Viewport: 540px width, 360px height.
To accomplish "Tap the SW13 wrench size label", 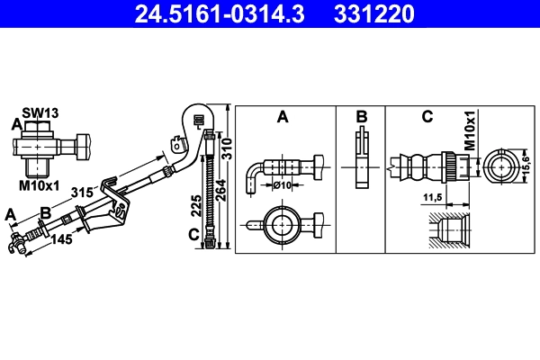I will (x=40, y=112).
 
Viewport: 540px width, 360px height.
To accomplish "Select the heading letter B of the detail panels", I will (x=361, y=117).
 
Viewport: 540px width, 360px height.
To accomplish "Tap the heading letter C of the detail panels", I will (x=427, y=117).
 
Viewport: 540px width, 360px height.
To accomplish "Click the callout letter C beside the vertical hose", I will (x=193, y=238).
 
